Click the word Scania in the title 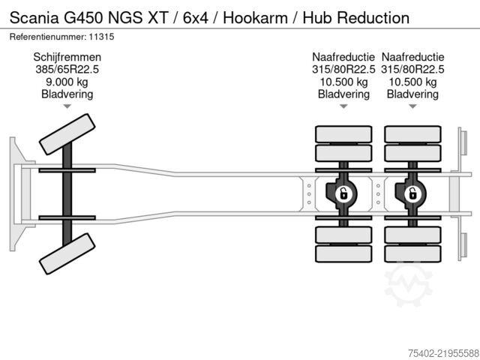34,18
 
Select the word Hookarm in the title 255,18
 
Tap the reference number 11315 102,37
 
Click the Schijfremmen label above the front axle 67,57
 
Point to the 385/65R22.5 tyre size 67,70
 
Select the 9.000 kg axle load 67,82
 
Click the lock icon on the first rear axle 343,194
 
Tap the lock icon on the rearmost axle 412,194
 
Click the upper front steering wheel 67,134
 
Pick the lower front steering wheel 67,253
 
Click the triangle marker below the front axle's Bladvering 67,106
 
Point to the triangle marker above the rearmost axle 412,106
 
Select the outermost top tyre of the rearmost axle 412,134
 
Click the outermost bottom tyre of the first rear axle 343,253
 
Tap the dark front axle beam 67,194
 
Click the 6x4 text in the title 195,18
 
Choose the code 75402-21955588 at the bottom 443,353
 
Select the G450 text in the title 83,18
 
